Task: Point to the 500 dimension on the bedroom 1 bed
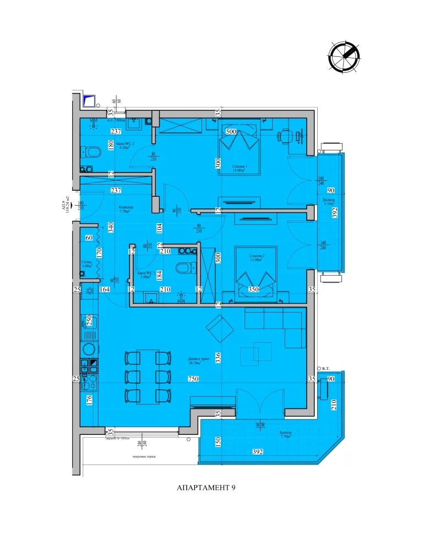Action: pyautogui.click(x=231, y=132)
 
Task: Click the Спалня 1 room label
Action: pyautogui.click(x=238, y=168)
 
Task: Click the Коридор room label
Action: pyautogui.click(x=126, y=209)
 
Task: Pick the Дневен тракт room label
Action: pyautogui.click(x=195, y=361)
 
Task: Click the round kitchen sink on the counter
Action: pyautogui.click(x=88, y=349)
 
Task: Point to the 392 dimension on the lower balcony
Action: pyautogui.click(x=257, y=452)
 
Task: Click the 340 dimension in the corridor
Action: pyautogui.click(x=111, y=228)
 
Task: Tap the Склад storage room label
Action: pyautogui.click(x=86, y=263)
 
